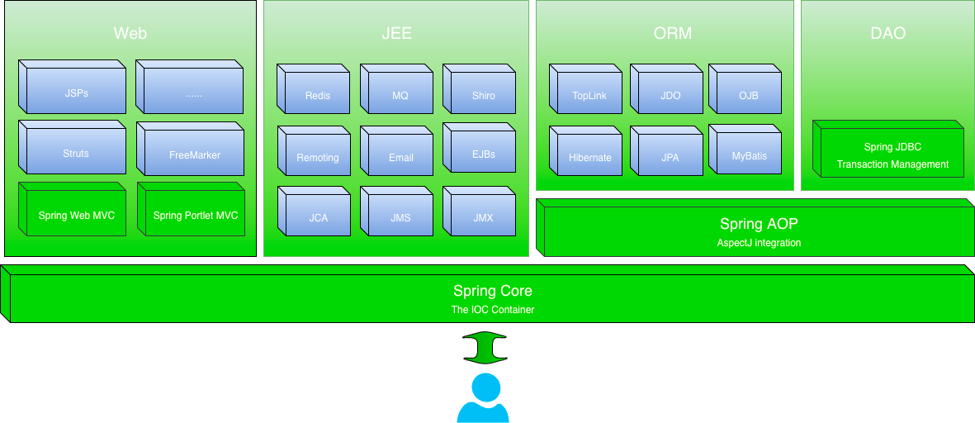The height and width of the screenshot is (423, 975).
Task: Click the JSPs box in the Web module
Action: tap(76, 93)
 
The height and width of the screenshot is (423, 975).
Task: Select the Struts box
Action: tap(76, 153)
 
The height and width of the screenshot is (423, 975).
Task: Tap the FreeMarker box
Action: tap(194, 154)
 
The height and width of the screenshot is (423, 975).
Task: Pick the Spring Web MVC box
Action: tap(76, 216)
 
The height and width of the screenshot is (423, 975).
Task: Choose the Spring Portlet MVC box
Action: tap(195, 216)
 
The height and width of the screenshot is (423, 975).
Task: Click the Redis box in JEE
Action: tap(317, 95)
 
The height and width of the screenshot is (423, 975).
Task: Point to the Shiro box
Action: tap(483, 95)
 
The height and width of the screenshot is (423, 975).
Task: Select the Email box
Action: tap(400, 157)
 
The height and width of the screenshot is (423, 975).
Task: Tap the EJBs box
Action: tap(483, 154)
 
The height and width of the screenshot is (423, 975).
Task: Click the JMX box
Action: tap(483, 217)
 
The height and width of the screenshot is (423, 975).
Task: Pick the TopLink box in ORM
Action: tap(589, 95)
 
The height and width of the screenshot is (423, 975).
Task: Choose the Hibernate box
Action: tap(589, 157)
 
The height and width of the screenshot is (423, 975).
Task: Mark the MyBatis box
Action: tap(749, 155)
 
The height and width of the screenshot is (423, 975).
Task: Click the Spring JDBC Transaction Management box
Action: tap(892, 155)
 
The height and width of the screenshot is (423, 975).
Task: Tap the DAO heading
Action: tap(887, 34)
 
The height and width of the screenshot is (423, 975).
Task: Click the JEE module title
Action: tap(396, 34)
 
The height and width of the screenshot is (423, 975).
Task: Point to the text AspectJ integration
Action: tap(759, 243)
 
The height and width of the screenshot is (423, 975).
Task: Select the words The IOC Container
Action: tap(493, 310)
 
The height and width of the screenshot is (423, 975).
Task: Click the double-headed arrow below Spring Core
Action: tap(485, 347)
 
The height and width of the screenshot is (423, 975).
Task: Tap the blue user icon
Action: tap(483, 398)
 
